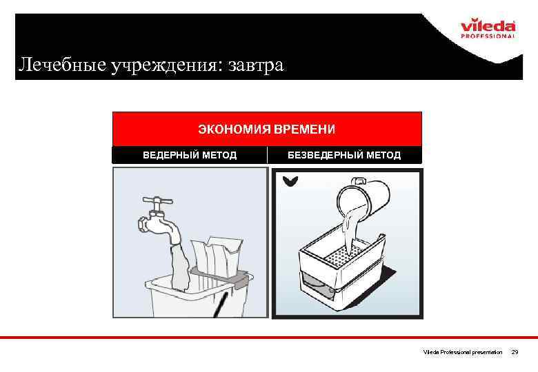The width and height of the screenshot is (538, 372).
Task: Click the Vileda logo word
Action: [488, 25]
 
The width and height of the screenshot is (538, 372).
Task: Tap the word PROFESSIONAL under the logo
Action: [488, 36]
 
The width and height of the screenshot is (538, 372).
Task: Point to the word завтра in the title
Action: [257, 65]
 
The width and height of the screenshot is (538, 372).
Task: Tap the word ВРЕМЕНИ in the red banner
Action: [304, 129]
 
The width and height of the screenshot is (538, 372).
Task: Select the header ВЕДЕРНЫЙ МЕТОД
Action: [190, 155]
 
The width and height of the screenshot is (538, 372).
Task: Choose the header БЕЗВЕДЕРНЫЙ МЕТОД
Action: [344, 155]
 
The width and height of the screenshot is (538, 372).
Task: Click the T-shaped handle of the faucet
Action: [158, 201]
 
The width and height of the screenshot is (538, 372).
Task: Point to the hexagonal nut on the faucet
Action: [143, 225]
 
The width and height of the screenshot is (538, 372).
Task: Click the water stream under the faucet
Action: [180, 265]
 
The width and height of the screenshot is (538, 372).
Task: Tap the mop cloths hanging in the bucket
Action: [216, 258]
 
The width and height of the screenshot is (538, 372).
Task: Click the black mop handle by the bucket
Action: [219, 305]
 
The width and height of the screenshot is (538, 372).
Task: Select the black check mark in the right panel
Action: [290, 181]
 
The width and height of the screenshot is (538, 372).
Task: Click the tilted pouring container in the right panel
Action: [363, 198]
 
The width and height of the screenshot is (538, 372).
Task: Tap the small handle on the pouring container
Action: [359, 180]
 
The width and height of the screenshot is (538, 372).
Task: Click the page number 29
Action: [515, 352]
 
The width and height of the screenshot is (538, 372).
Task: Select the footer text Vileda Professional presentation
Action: [463, 352]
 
